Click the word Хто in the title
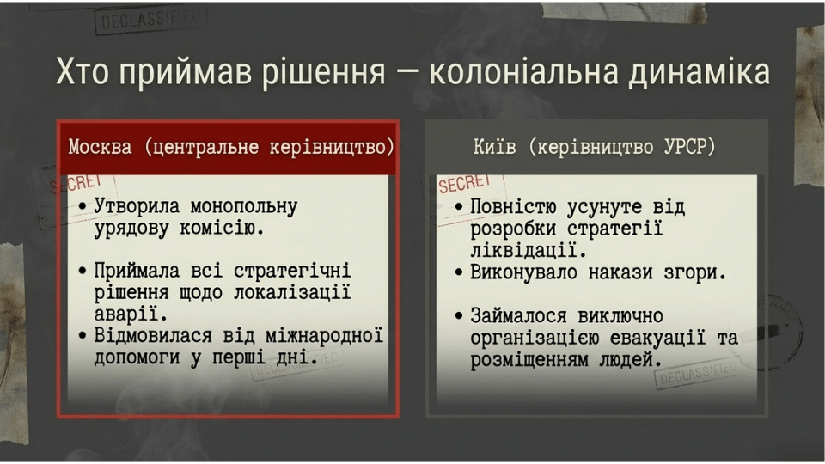click(x=82, y=71)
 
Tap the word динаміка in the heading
click(x=699, y=71)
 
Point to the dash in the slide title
click(x=407, y=74)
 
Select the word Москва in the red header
click(x=100, y=147)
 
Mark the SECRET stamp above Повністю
click(x=465, y=184)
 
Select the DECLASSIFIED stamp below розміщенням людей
click(x=699, y=372)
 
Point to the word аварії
click(x=131, y=314)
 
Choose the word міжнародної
click(x=324, y=335)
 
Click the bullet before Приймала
click(x=82, y=272)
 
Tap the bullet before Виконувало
click(x=459, y=272)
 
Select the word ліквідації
click(x=529, y=250)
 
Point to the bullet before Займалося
click(x=459, y=316)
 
